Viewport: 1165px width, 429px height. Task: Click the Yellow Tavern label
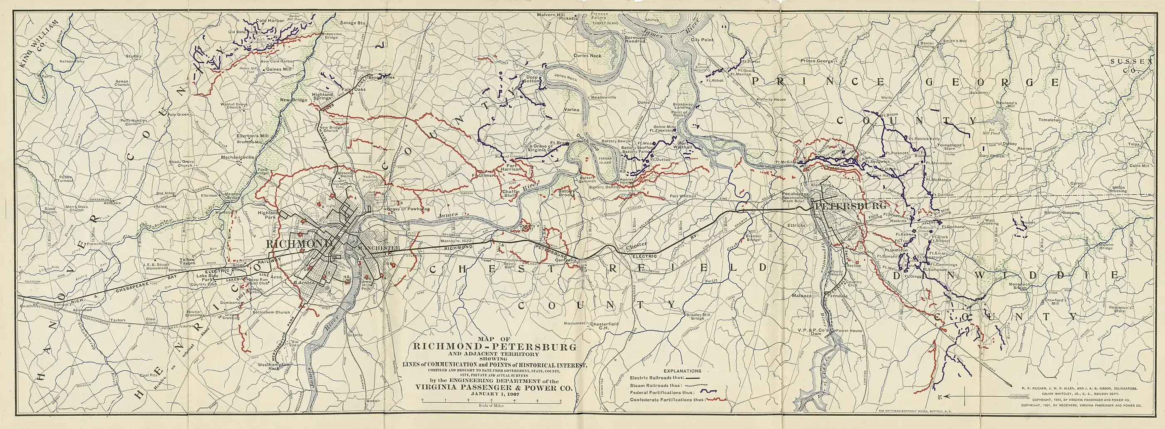coord(187,262)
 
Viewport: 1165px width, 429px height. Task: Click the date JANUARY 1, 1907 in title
coord(494,393)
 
